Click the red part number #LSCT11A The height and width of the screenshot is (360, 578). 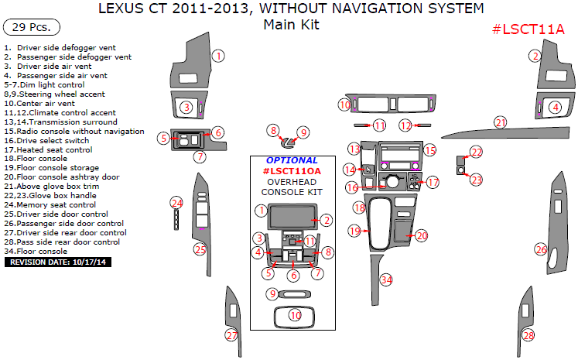coord(528,29)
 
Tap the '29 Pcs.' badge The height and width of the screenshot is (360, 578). coord(32,26)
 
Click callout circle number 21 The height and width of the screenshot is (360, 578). coord(501,122)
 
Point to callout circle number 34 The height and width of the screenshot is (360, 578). coord(387,279)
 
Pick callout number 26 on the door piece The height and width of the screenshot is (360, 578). coord(541,249)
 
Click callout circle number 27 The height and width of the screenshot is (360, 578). coord(231,334)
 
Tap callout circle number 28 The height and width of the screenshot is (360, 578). coord(528,335)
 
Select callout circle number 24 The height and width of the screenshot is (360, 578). coord(176,203)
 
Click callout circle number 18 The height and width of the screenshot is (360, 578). coord(359,207)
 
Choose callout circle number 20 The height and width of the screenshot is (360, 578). coord(422,235)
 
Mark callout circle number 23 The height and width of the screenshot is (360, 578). coord(476,180)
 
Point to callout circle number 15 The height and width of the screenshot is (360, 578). coord(430,150)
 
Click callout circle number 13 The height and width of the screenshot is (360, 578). coord(354,149)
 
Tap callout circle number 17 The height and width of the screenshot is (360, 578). coord(433,183)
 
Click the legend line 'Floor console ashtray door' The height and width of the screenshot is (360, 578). coord(66,177)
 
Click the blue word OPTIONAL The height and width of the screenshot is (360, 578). coord(286,160)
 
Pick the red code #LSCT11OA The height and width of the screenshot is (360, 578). coord(291,170)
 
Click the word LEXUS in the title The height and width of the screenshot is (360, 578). coord(124,10)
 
